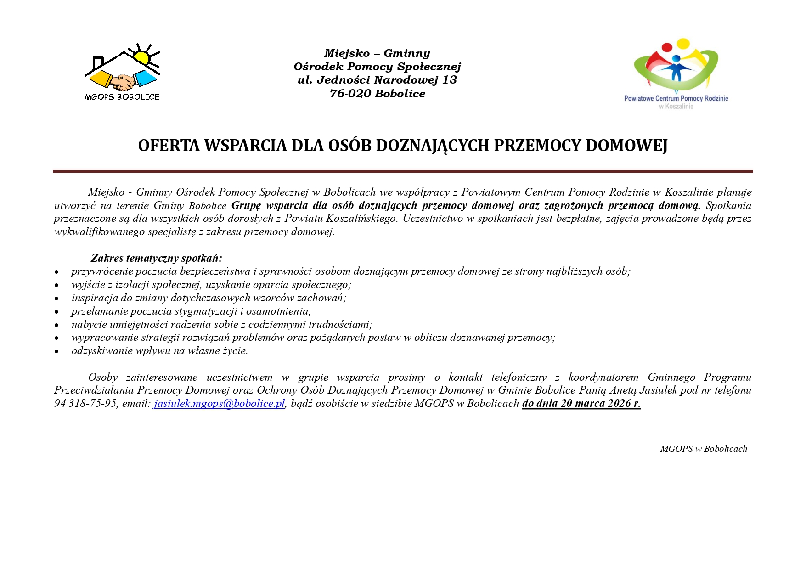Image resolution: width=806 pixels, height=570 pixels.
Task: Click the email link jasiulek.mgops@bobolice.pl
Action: [x=219, y=404]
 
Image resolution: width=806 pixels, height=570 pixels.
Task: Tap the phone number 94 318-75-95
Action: [x=85, y=404]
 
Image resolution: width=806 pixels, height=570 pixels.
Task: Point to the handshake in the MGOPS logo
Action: [x=123, y=83]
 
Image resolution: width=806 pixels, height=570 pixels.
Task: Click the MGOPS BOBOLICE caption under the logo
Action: [x=122, y=97]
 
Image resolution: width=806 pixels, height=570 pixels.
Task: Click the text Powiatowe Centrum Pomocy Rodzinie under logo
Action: [x=676, y=98]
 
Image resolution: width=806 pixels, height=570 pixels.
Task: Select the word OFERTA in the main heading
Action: [x=169, y=146]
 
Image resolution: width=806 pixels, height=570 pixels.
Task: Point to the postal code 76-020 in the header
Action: [x=350, y=94]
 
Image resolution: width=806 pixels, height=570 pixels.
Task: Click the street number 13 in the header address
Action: [x=450, y=80]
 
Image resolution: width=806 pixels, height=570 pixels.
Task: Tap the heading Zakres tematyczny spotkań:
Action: [x=156, y=258]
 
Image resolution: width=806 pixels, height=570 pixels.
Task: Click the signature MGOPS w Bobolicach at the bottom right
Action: [x=703, y=449]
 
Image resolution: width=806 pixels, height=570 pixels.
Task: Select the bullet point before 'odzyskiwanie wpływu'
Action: [x=56, y=351]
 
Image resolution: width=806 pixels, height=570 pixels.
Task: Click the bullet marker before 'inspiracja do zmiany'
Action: [x=56, y=299]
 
